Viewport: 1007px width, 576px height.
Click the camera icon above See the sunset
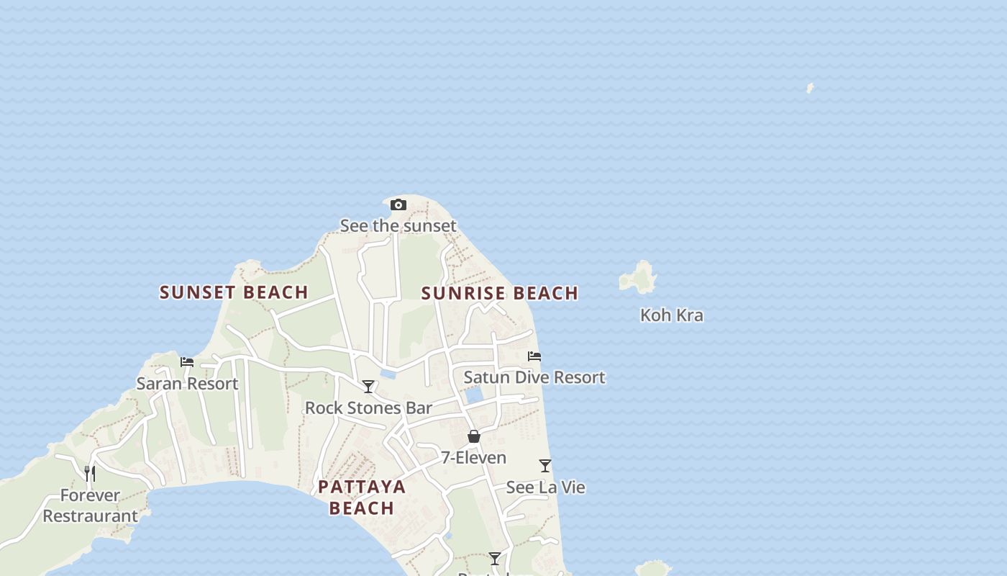coord(398,205)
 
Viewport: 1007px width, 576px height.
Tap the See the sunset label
coord(398,225)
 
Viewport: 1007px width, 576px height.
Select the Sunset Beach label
coord(234,292)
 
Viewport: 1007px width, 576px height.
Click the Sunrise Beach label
coord(500,293)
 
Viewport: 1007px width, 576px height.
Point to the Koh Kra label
coord(672,315)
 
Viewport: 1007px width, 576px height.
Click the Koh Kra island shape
coord(638,277)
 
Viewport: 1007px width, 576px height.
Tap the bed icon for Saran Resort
coord(187,362)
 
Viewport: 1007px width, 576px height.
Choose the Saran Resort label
coord(187,384)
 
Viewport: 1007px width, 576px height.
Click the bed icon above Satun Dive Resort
coord(534,356)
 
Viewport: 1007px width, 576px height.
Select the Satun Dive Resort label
coord(534,377)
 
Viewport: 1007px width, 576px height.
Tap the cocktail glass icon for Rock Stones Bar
coord(368,387)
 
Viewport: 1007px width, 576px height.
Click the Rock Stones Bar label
coord(368,408)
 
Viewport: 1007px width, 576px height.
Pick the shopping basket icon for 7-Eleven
coord(474,436)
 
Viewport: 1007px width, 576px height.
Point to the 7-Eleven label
coord(474,458)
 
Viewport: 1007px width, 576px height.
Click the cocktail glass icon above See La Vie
coord(545,466)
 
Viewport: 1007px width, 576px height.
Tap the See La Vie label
coord(545,487)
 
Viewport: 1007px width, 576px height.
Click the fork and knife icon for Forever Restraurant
coord(90,473)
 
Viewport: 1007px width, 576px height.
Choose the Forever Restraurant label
coord(90,505)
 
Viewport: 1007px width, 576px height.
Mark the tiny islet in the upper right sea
coord(810,88)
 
